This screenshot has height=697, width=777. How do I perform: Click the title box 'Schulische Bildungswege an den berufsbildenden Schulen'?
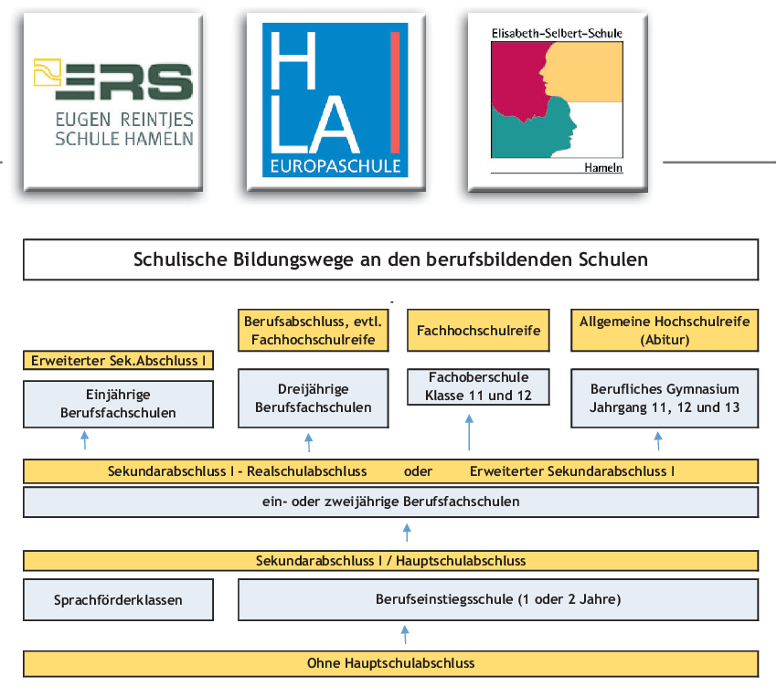pyautogui.click(x=390, y=259)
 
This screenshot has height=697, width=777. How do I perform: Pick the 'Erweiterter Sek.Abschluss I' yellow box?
pyautogui.click(x=118, y=360)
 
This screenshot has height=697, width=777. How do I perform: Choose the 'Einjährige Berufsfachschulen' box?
pyautogui.click(x=118, y=404)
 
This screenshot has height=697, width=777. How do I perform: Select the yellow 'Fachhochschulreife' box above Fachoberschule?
pyautogui.click(x=478, y=331)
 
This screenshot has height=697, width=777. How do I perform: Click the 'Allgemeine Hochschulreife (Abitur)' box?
pyautogui.click(x=665, y=331)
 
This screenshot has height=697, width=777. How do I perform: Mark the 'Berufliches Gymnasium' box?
pyautogui.click(x=665, y=398)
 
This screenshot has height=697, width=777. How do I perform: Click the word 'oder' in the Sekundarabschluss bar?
pyautogui.click(x=418, y=471)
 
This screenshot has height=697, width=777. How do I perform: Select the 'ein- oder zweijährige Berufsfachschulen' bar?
pyautogui.click(x=390, y=502)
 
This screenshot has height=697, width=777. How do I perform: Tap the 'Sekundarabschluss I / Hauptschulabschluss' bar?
pyautogui.click(x=390, y=561)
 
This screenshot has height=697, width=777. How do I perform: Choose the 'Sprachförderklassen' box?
pyautogui.click(x=118, y=600)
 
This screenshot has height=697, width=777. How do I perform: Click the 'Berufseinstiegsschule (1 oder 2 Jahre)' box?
pyautogui.click(x=498, y=600)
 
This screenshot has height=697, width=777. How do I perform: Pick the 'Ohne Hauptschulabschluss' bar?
pyautogui.click(x=390, y=662)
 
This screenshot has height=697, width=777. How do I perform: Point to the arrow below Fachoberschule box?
pyautogui.click(x=469, y=431)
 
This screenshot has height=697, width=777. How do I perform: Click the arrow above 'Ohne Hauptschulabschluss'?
pyautogui.click(x=405, y=634)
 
